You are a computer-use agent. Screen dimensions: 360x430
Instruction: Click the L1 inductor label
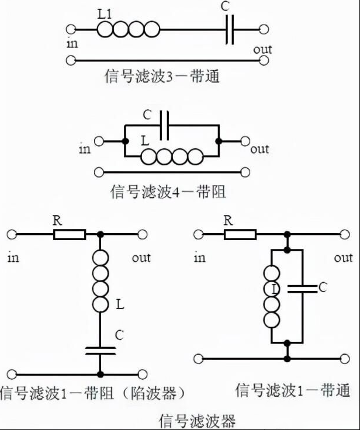click(x=105, y=15)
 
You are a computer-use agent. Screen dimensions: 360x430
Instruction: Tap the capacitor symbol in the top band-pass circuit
click(x=230, y=30)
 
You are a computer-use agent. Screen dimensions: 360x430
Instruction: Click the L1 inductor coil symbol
click(x=128, y=29)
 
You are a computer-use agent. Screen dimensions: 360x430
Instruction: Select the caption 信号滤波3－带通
click(x=162, y=76)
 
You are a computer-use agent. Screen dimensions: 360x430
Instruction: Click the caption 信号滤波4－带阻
click(x=168, y=192)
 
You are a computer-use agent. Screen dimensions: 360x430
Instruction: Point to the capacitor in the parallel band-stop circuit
click(x=164, y=126)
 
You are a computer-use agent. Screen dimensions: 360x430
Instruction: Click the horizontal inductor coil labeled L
click(x=172, y=157)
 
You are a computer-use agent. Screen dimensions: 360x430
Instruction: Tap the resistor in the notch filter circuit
click(x=70, y=235)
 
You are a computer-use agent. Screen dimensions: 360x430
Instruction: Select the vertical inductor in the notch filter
click(x=101, y=281)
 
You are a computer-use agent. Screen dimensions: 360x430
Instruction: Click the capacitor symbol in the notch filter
click(x=101, y=351)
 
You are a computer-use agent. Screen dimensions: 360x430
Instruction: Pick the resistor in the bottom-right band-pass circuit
click(x=240, y=235)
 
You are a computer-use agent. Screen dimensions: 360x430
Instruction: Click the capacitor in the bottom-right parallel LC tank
click(x=302, y=289)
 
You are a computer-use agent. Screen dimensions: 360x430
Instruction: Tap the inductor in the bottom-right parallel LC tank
click(x=272, y=296)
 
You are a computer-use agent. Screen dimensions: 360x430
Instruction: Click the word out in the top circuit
click(x=262, y=50)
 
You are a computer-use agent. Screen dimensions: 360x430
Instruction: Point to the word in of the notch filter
click(x=13, y=258)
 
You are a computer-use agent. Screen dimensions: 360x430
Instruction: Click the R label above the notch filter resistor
click(x=57, y=220)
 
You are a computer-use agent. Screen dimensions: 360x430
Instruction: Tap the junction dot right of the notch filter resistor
click(x=101, y=234)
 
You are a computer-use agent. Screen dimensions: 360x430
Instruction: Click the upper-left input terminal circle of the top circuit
click(x=71, y=29)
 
